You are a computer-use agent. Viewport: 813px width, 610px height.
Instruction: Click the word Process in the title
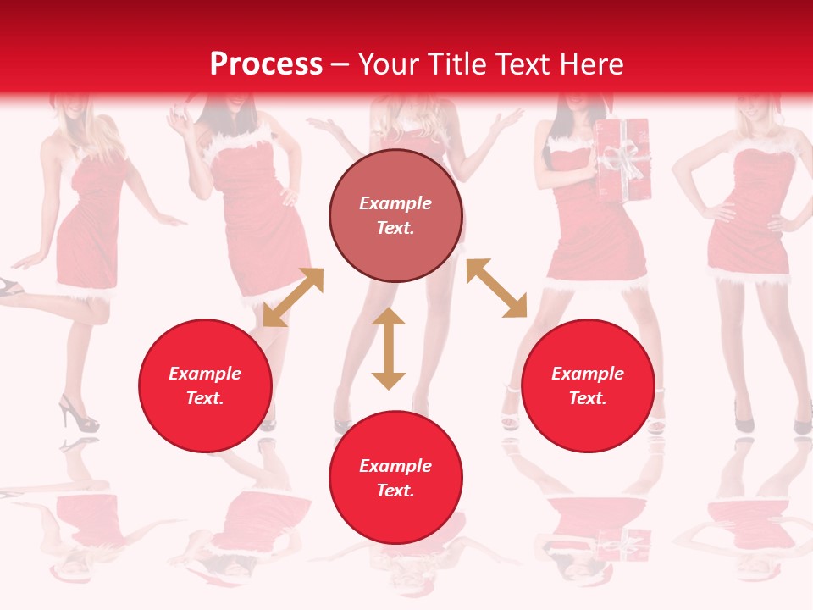coord(266,64)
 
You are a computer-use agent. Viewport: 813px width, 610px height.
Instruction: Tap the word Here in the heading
coord(590,64)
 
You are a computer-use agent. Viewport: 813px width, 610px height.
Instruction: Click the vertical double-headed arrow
coord(389,349)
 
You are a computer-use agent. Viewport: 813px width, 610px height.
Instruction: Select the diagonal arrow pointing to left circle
coord(293,297)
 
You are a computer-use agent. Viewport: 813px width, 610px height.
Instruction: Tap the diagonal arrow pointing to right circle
coord(496,289)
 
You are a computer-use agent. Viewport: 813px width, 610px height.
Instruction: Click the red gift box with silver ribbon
coord(621,161)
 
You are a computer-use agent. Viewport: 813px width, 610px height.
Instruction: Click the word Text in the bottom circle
coord(395,491)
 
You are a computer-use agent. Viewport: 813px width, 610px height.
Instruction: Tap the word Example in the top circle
coord(395,203)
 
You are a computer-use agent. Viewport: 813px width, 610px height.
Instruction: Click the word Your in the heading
coord(388,64)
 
